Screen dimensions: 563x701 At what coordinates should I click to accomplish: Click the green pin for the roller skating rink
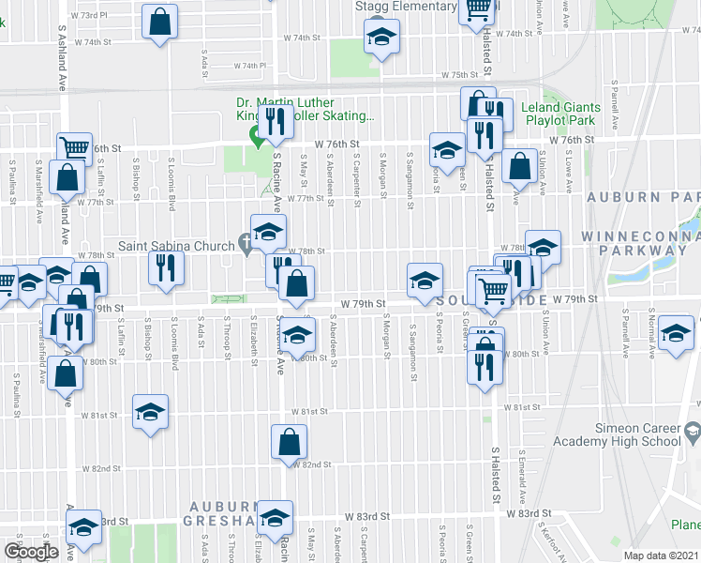coord(254,136)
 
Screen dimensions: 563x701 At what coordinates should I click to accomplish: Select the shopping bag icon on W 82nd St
coord(290,442)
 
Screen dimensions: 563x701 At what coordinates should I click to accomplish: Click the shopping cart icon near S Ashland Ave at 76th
coord(73,147)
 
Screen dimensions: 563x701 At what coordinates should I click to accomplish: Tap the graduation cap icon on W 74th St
coord(380,38)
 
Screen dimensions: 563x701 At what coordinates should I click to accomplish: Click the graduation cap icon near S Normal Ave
coord(676,333)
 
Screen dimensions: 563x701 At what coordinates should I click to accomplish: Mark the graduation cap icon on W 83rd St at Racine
coord(275,517)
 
